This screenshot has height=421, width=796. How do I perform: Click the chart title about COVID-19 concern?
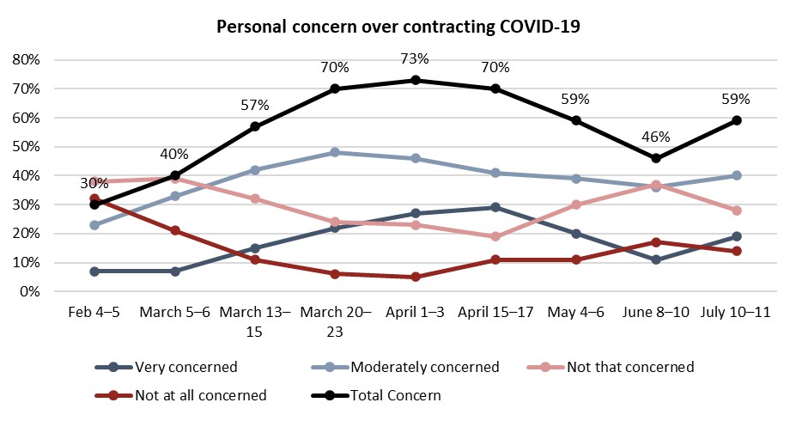398,27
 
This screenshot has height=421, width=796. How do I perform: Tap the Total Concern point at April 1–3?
416,80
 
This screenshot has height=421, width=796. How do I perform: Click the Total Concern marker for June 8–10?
656,158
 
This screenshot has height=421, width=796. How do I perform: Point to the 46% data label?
656,137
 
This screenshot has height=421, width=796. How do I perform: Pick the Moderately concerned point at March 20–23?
335,152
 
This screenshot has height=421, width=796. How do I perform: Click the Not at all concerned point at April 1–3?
416,277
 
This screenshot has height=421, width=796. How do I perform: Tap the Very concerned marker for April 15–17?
495,207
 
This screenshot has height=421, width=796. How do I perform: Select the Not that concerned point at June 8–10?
656,185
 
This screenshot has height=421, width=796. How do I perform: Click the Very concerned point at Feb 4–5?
94,271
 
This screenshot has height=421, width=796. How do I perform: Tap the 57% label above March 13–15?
255,105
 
